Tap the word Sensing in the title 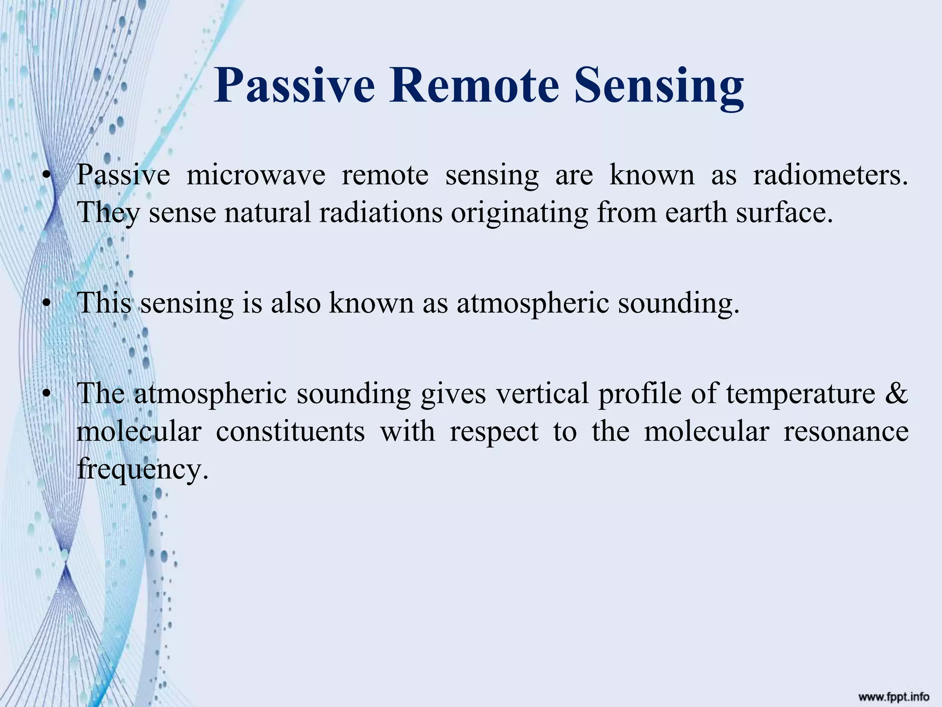click(x=659, y=85)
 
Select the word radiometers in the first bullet click(x=830, y=175)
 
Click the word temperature click(x=801, y=395)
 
